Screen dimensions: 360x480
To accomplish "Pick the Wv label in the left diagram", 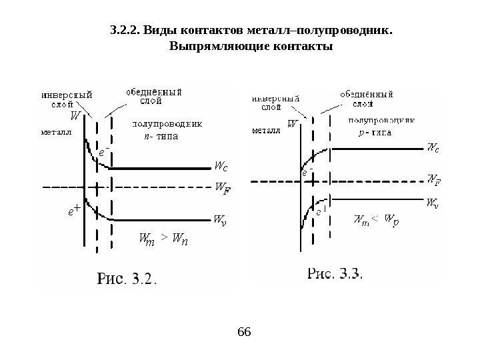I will point(221,219).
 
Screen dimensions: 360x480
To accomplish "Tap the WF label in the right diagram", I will point(433,180).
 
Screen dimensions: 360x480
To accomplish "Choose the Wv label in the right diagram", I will point(433,201).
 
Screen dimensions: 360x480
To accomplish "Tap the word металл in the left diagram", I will point(55,132).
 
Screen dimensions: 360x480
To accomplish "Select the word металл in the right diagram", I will point(266,131).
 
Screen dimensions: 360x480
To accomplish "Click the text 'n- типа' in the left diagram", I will point(163,137).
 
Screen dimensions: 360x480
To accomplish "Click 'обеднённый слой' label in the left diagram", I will point(154,97).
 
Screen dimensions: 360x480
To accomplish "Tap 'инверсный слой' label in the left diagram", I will point(67,99).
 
